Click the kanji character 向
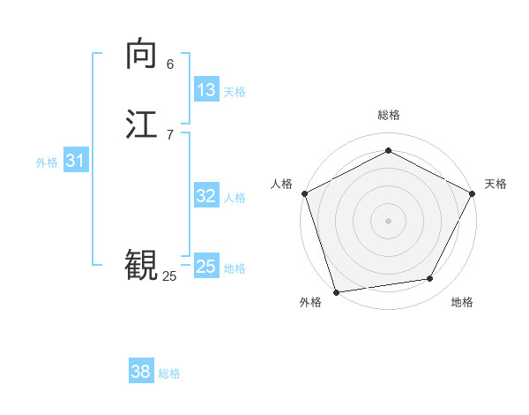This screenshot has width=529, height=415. (x=141, y=55)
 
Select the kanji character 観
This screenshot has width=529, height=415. (x=141, y=264)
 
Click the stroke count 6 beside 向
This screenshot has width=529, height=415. (x=170, y=64)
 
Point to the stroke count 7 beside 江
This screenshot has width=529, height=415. (x=170, y=134)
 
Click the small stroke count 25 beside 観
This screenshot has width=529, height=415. (x=169, y=276)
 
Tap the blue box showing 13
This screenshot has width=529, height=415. (x=206, y=90)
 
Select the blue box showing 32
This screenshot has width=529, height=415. (x=206, y=196)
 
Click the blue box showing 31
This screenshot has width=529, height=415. (x=75, y=161)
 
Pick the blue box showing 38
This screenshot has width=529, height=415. (x=141, y=372)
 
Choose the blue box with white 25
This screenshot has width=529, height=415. (x=206, y=267)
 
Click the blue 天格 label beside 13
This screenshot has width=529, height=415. (x=235, y=92)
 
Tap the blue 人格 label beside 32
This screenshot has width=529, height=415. (x=235, y=198)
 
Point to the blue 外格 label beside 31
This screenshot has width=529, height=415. (x=47, y=162)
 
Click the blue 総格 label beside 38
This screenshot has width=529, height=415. (x=169, y=373)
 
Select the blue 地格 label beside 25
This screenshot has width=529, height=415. (x=235, y=268)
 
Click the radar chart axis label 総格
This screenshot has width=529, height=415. (x=388, y=116)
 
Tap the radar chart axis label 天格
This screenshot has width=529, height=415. (x=495, y=184)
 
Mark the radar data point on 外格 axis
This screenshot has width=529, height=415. (x=336, y=291)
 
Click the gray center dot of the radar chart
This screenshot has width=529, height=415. (x=388, y=220)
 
